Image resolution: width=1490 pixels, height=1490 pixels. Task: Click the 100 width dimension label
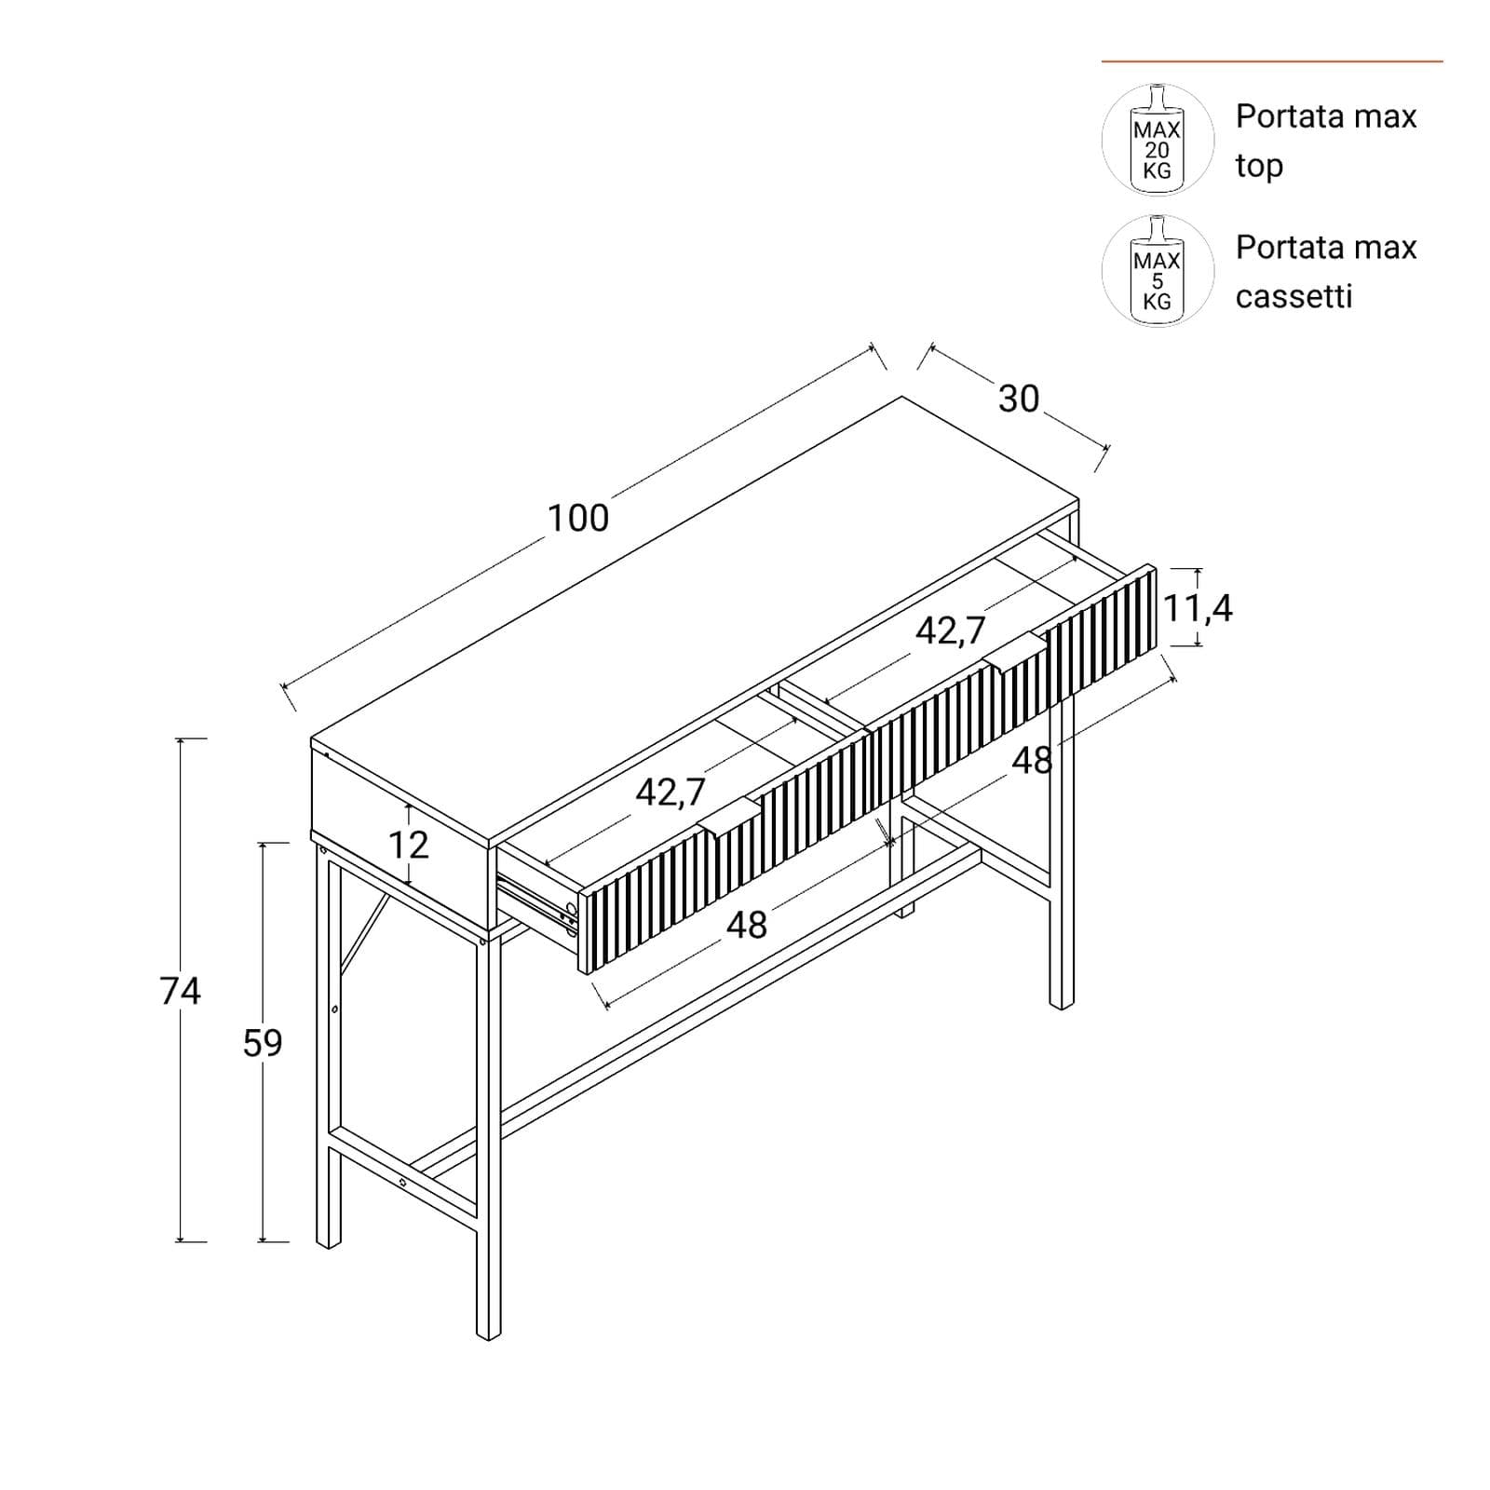point(577,518)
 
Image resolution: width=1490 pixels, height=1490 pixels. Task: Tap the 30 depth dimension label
point(1019,399)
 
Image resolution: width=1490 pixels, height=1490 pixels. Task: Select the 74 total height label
point(180,991)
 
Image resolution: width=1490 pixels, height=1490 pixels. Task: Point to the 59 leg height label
point(263,1043)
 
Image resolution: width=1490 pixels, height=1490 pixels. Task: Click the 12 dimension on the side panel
point(408,845)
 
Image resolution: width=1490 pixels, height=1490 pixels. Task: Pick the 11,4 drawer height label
point(1198,609)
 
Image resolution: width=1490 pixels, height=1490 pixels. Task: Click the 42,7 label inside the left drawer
point(670,792)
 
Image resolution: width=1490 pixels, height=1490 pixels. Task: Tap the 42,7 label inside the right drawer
point(950,631)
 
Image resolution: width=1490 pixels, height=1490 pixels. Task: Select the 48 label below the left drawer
point(747,925)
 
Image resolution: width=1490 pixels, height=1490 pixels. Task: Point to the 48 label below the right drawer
point(1032,761)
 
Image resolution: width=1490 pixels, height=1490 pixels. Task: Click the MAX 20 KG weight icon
point(1158,140)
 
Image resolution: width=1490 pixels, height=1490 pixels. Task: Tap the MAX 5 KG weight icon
point(1158,271)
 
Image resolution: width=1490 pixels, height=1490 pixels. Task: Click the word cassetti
point(1294,296)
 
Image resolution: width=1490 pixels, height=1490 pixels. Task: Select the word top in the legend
point(1259,167)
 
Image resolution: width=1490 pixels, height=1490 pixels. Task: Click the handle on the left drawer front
point(731,817)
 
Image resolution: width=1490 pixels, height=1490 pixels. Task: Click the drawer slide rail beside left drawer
point(538,901)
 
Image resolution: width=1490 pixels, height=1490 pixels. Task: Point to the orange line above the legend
point(1272,61)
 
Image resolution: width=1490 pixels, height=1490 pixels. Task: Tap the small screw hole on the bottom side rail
point(403,1182)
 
